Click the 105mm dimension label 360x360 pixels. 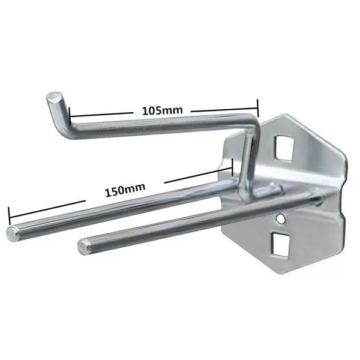(x=163, y=110)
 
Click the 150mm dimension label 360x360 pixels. (x=125, y=190)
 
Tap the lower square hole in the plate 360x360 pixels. (x=280, y=244)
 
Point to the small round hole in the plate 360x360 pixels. (x=280, y=218)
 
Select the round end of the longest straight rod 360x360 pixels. (x=12, y=233)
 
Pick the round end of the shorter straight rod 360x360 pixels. (x=82, y=247)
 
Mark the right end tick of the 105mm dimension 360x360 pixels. (x=258, y=108)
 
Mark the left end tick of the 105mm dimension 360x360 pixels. (x=70, y=115)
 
